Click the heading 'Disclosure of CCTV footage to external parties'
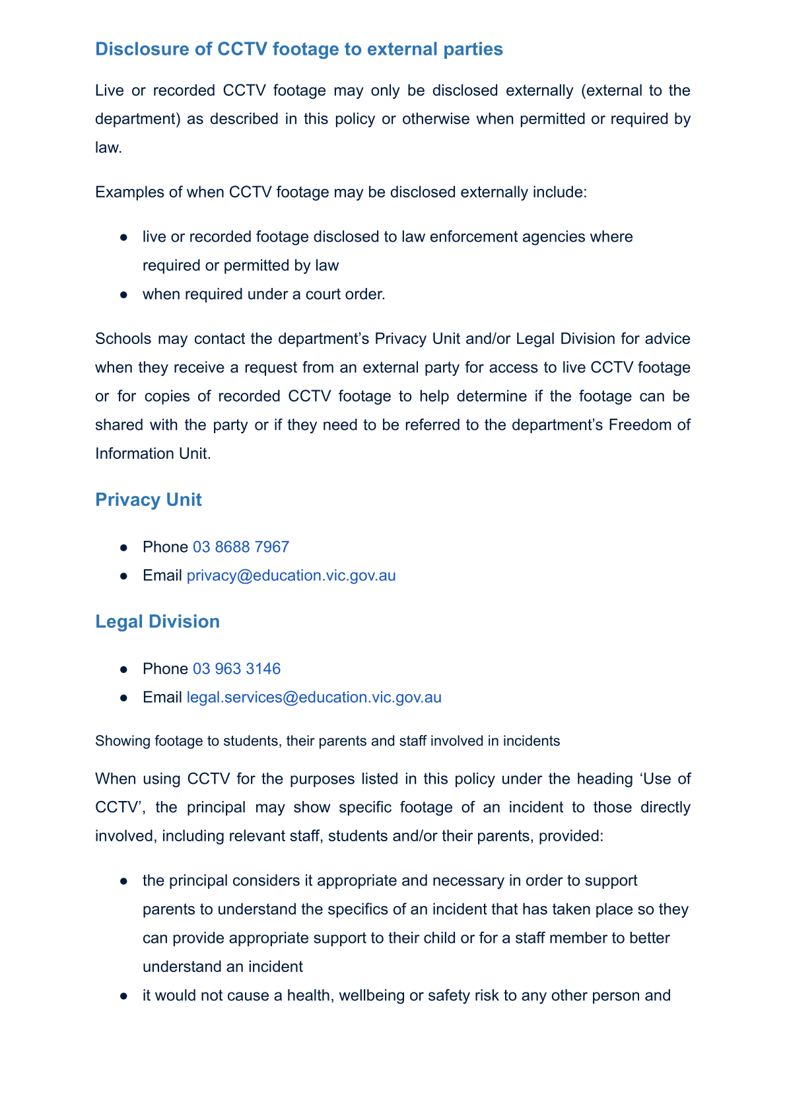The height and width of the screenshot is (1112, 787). (298, 50)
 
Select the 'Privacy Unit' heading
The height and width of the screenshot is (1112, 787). (149, 500)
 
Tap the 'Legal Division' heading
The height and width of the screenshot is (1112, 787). (157, 622)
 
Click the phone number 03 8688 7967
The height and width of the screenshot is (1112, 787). (241, 547)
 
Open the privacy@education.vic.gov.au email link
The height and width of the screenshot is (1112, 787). (291, 576)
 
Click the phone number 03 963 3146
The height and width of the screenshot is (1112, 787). (236, 669)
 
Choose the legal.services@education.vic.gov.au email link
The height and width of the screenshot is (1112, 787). (314, 698)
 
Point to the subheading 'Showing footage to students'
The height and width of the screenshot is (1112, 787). (327, 741)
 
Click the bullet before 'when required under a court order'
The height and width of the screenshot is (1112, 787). (123, 295)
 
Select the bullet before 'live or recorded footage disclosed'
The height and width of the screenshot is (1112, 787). (123, 238)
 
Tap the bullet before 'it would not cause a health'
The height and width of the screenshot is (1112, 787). (123, 996)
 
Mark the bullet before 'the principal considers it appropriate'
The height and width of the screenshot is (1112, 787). (123, 882)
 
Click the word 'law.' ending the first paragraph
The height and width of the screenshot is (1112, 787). (108, 148)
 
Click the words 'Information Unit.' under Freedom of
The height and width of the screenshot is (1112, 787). (153, 454)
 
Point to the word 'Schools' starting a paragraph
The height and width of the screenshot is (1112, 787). (121, 339)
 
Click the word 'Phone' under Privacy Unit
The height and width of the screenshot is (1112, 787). (165, 547)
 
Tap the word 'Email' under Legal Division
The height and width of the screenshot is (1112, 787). (162, 698)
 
